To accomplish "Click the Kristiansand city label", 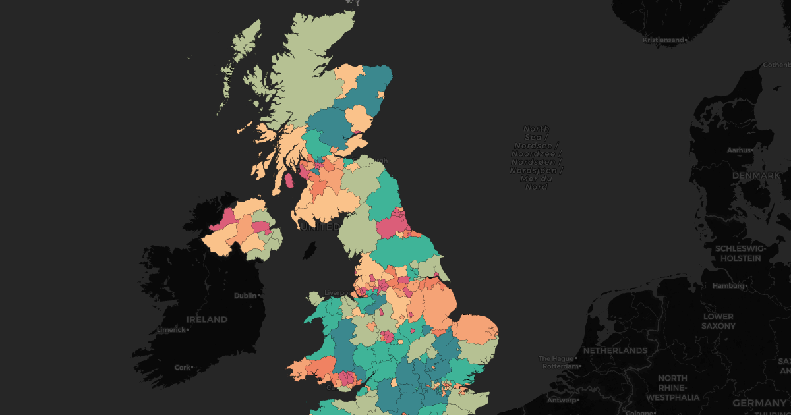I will coord(664,40).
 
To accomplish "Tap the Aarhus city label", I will coord(738,150).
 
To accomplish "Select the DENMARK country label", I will coord(756,176).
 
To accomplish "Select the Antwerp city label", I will coord(560,400).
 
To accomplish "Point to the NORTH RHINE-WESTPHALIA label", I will coord(672,388).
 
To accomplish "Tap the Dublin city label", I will coord(245,296).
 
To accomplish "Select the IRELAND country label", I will coord(206,319).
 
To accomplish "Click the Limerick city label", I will coord(170,329).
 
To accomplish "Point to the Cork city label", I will coord(182,368).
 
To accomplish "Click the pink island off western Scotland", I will coord(288,180).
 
